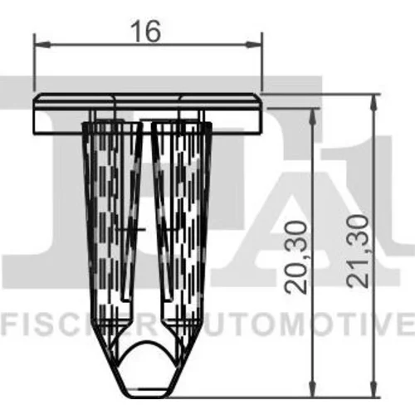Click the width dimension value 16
(x=146, y=32)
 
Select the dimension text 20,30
(x=296, y=257)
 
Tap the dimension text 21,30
(x=359, y=251)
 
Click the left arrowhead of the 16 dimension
(x=42, y=44)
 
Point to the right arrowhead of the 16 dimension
(x=253, y=44)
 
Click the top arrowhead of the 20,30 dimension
(x=313, y=117)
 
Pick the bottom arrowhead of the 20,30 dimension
(x=313, y=388)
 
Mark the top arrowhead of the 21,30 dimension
(x=373, y=103)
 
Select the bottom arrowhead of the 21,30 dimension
(x=373, y=388)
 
